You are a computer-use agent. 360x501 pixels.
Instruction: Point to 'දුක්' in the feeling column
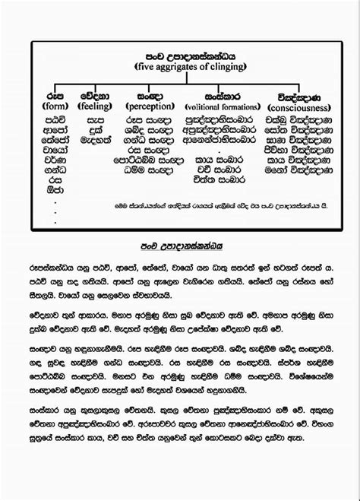96,130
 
